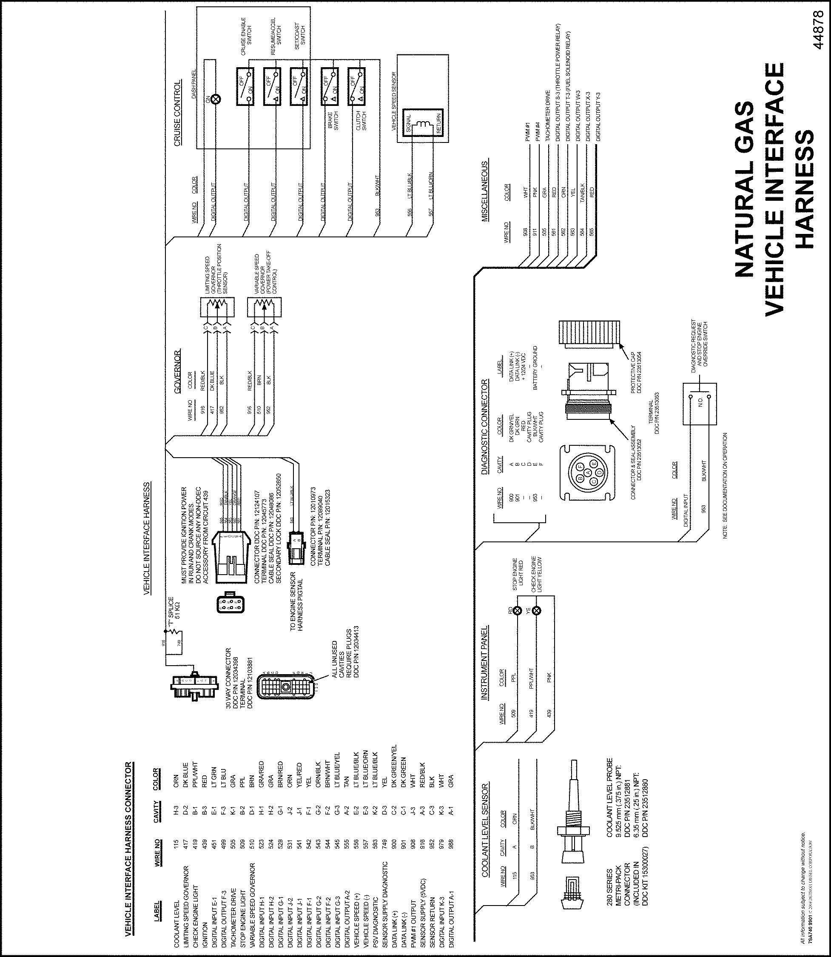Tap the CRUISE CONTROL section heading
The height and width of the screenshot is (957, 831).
pos(177,114)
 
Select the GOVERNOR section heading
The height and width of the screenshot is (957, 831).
pos(177,371)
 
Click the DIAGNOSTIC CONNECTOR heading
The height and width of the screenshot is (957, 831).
pos(484,427)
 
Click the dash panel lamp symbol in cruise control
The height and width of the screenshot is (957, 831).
pos(216,98)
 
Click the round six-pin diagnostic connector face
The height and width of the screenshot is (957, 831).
pos(588,473)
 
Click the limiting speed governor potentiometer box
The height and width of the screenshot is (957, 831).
pos(217,308)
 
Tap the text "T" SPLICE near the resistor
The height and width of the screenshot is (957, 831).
pos(171,610)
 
